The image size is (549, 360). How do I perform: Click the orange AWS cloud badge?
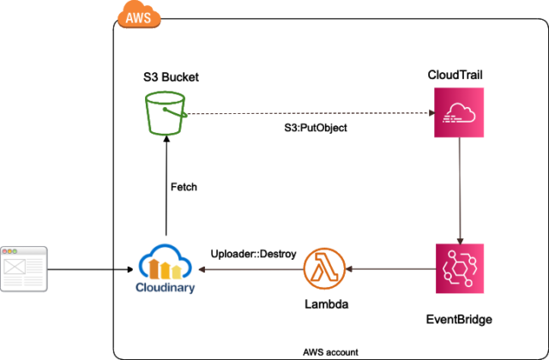[136, 17]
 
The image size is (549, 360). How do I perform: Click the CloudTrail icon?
[460, 114]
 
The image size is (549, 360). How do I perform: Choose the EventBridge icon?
[460, 269]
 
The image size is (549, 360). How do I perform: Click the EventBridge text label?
[460, 320]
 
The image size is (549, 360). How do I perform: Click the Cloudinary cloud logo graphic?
[166, 262]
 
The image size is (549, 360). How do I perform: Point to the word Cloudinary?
[166, 287]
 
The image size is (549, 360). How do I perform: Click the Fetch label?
[184, 186]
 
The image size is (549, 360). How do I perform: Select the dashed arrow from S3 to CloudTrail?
[309, 114]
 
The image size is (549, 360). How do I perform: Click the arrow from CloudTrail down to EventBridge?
[460, 189]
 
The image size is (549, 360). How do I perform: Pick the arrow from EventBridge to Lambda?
[390, 269]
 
